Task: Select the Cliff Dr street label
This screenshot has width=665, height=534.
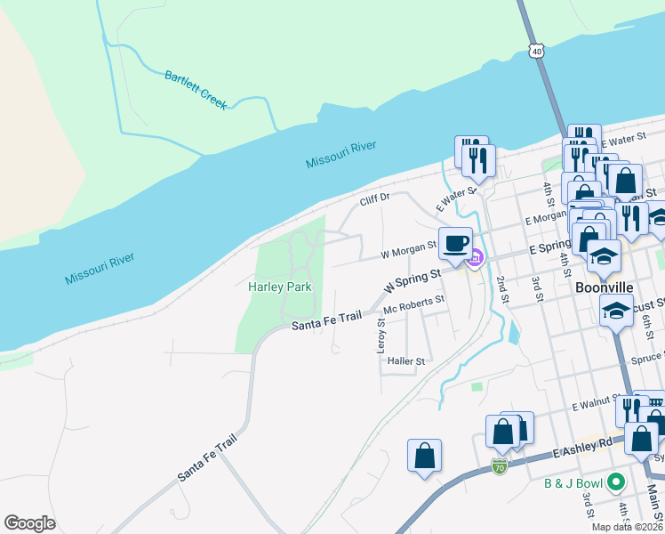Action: [x=375, y=201]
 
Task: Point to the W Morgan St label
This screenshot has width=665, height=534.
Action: [x=408, y=254]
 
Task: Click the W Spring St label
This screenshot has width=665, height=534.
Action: [x=413, y=282]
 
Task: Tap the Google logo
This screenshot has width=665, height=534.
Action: [x=29, y=522]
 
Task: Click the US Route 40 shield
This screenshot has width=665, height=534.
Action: [x=535, y=52]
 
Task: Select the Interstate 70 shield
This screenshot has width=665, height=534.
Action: [x=500, y=466]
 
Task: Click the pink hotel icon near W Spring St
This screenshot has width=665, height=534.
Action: [x=476, y=259]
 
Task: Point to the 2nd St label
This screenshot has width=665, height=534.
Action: [x=504, y=290]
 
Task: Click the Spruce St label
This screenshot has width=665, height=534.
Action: [x=645, y=360]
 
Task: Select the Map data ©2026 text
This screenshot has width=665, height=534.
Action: [x=627, y=527]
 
